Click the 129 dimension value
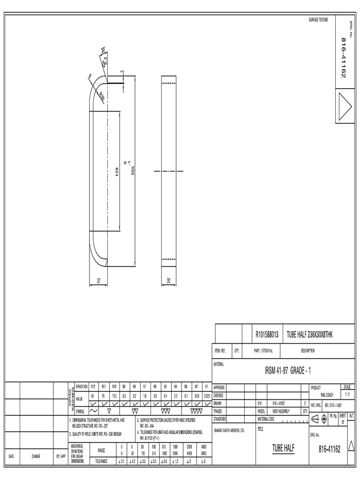(x=118, y=172)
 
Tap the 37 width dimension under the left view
(x=99, y=280)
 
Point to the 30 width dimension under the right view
(x=169, y=280)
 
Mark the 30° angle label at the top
(x=103, y=50)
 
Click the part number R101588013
(x=267, y=334)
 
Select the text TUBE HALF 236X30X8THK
(x=310, y=334)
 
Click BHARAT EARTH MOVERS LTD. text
(x=229, y=429)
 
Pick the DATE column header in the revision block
(x=12, y=456)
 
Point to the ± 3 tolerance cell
(x=203, y=461)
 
